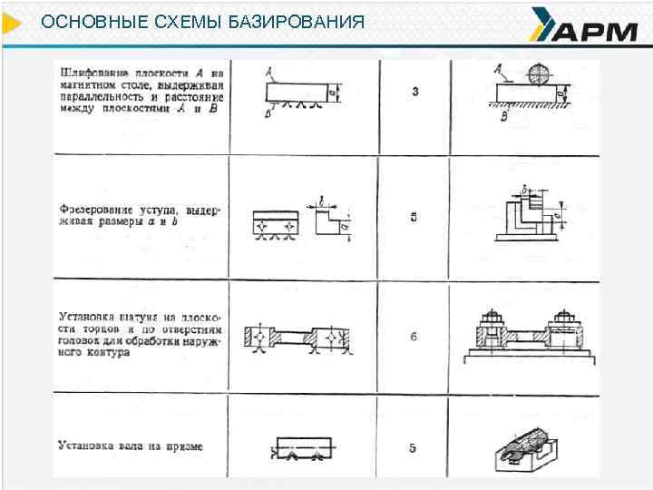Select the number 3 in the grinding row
(x=414, y=93)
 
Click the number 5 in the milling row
(x=414, y=217)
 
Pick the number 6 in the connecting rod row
(x=414, y=337)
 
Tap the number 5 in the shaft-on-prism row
(x=414, y=447)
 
